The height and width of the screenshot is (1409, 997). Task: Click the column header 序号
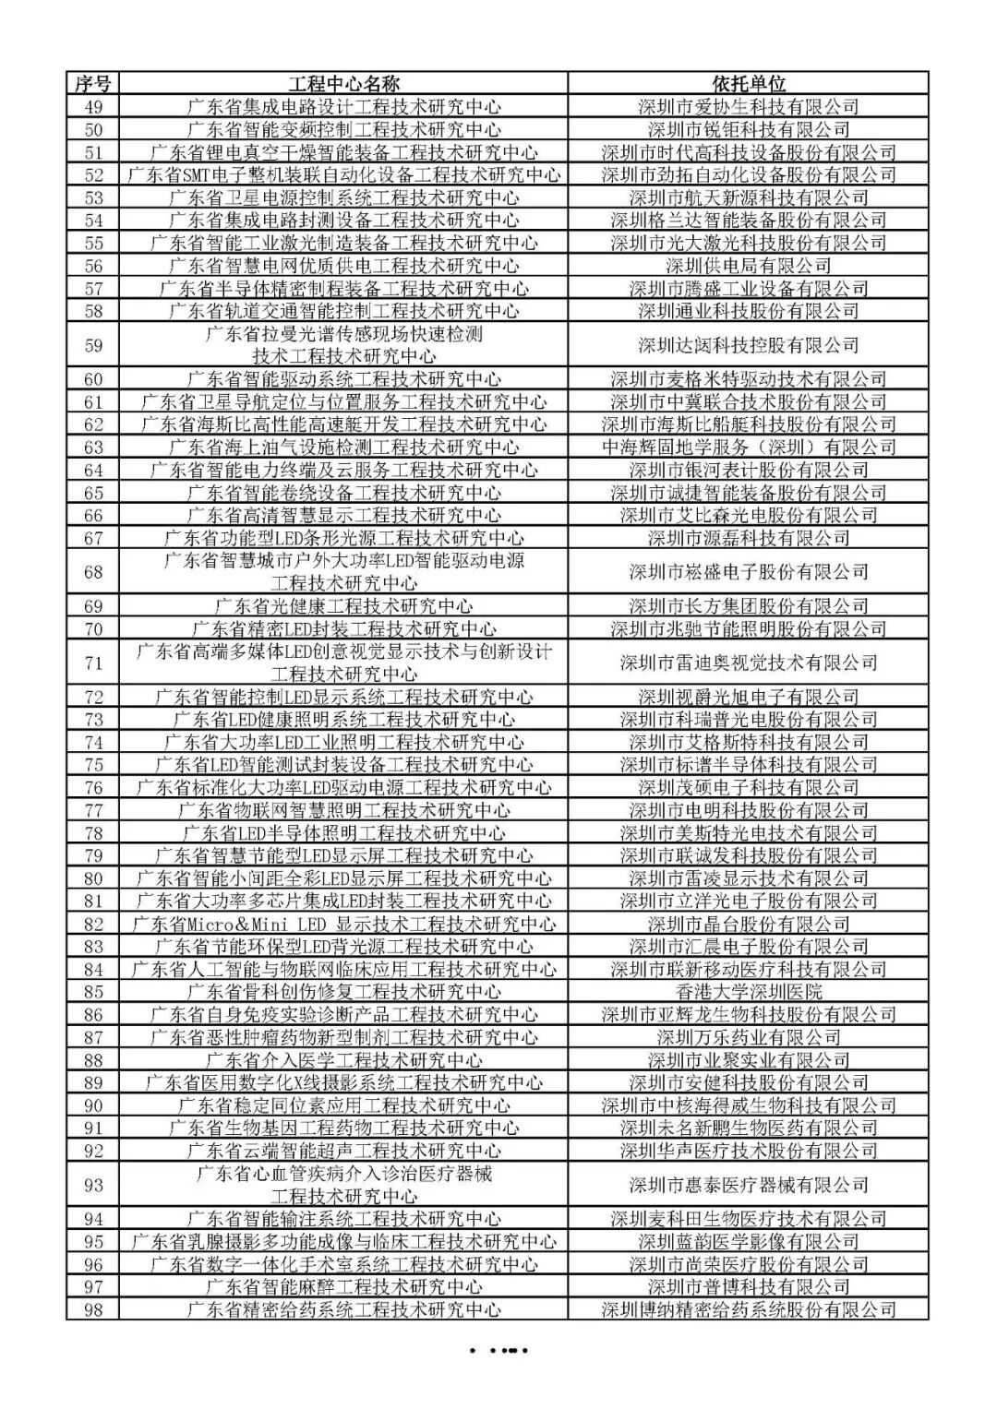click(x=92, y=84)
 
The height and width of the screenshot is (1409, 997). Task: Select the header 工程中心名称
click(x=343, y=84)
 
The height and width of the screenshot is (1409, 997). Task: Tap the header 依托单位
click(x=749, y=84)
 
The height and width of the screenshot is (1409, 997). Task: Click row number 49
click(x=92, y=107)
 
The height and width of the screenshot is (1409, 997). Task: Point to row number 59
click(x=92, y=345)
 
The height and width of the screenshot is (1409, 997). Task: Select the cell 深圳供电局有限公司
click(x=749, y=266)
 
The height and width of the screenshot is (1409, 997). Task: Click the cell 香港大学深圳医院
click(x=749, y=992)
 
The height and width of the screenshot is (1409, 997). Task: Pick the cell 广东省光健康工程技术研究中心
click(x=343, y=606)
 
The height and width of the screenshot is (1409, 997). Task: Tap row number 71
click(x=92, y=663)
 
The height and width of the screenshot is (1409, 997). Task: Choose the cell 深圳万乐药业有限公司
click(x=749, y=1037)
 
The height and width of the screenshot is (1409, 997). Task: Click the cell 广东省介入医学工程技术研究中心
click(x=343, y=1060)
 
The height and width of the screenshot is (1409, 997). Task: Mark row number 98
click(x=92, y=1309)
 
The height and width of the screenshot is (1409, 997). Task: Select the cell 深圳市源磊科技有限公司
click(x=749, y=538)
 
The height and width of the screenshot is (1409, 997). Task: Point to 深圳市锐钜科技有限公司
click(x=749, y=129)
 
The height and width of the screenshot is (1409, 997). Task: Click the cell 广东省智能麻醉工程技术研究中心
click(x=343, y=1286)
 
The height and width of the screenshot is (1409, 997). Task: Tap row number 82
click(x=92, y=924)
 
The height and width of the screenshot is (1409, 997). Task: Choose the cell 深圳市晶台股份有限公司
click(x=749, y=924)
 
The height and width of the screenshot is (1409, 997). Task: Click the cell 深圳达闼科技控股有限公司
click(x=749, y=345)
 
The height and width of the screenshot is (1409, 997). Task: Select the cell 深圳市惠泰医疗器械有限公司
click(x=749, y=1185)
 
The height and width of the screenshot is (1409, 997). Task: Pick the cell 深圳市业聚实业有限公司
click(x=749, y=1060)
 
